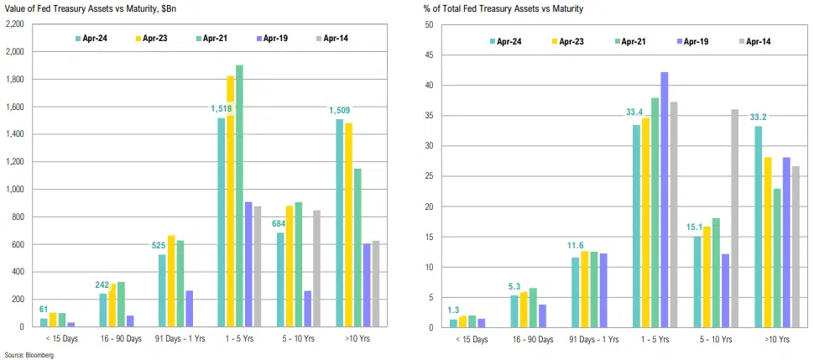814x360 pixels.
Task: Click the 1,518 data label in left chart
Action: tap(222, 108)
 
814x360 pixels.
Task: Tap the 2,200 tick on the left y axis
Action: tap(14, 24)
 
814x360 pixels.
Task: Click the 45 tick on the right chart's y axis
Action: tap(427, 55)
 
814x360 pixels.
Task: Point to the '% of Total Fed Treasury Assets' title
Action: tap(504, 8)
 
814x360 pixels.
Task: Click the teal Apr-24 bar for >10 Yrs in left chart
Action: tap(340, 223)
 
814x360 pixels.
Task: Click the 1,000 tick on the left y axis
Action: tap(14, 189)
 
